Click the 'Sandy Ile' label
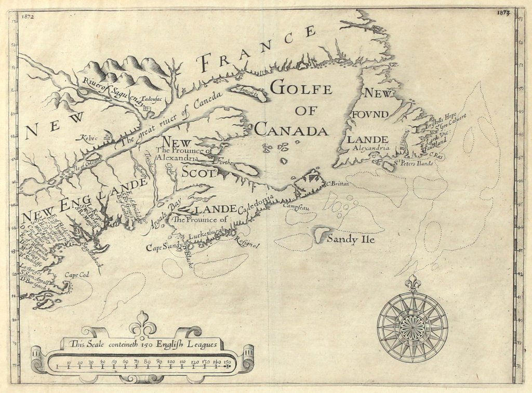coord(350,240)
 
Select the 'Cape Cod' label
coord(74,275)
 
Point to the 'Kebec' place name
coord(89,139)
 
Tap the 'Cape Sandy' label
coord(163,246)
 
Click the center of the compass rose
coord(413,327)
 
